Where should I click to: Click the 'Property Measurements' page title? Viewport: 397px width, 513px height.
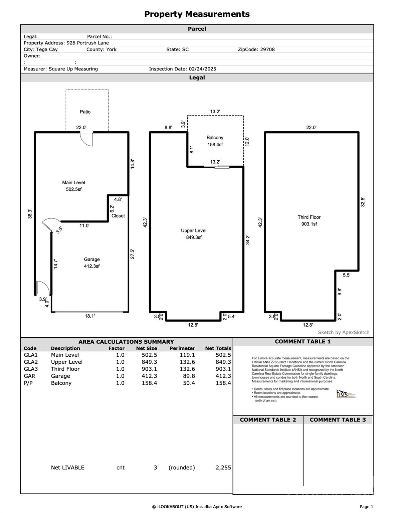[x=197, y=14]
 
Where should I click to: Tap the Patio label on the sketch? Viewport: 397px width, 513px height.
[x=85, y=112]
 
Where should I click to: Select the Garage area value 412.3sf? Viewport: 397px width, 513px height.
[x=92, y=266]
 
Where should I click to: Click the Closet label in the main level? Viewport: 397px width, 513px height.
[x=118, y=216]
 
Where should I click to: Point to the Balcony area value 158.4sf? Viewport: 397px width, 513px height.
[x=215, y=145]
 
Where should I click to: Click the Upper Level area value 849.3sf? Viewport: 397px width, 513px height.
[x=194, y=237]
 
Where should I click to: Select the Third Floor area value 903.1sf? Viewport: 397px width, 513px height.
[x=309, y=224]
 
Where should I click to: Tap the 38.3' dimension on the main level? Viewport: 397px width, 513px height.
[x=30, y=214]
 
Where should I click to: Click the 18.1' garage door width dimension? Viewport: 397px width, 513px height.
[x=89, y=316]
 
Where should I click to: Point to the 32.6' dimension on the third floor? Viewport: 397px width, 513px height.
[x=363, y=202]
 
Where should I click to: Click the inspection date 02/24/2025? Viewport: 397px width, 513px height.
[x=202, y=69]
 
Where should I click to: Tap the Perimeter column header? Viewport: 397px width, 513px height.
[x=182, y=348]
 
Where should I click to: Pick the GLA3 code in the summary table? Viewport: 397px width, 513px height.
[x=31, y=369]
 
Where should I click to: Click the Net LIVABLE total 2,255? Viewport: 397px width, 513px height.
[x=223, y=468]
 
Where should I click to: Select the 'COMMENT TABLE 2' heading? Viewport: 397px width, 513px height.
[x=268, y=420]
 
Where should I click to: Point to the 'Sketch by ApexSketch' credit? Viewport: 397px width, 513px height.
[x=344, y=332]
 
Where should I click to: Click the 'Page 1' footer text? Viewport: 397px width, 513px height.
[x=366, y=507]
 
